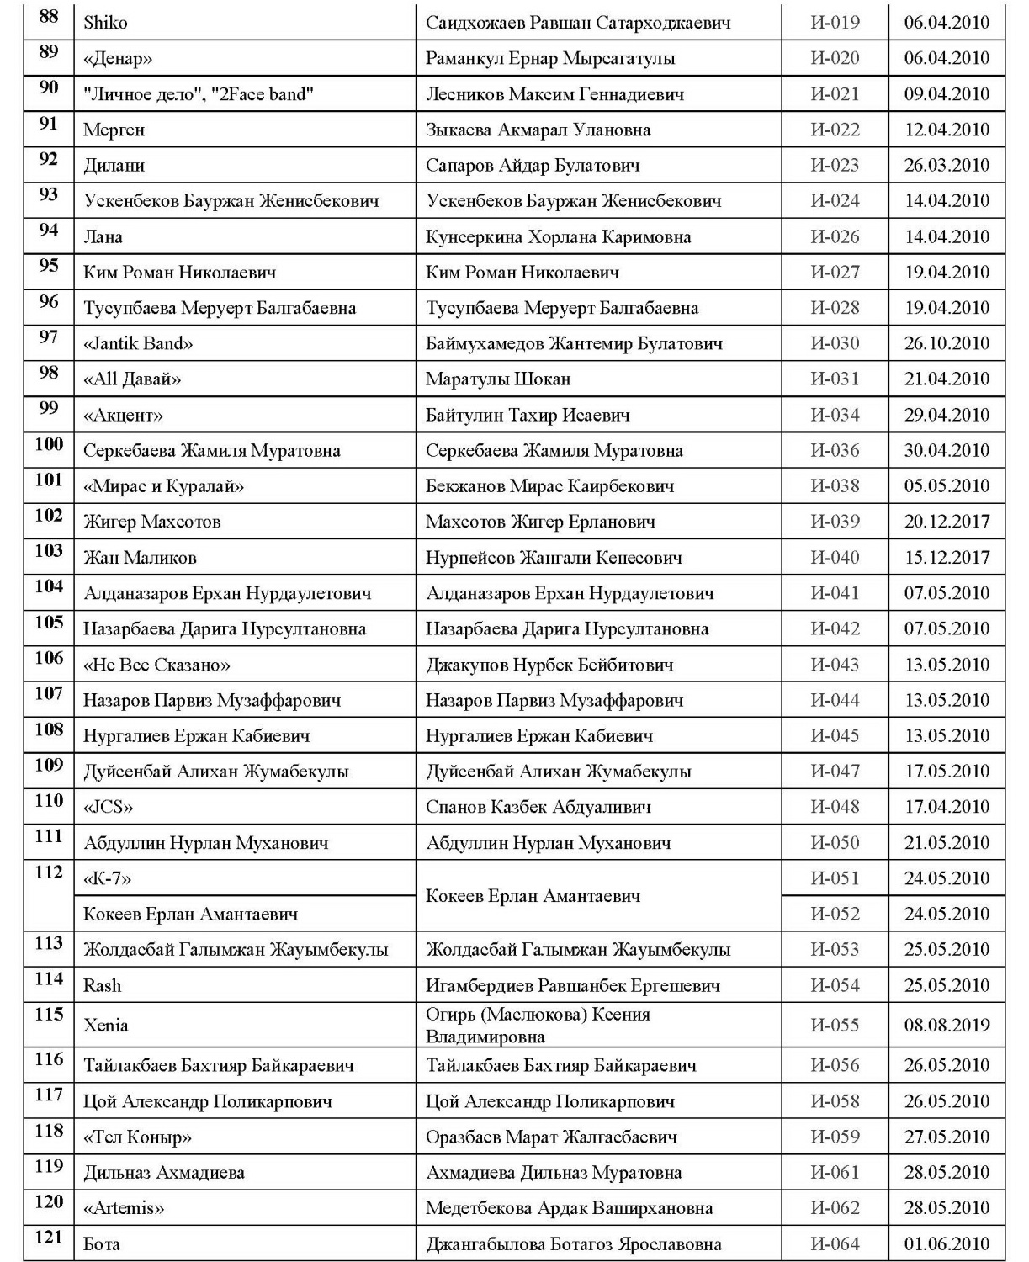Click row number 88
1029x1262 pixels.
[x=49, y=17]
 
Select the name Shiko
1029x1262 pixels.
[x=105, y=23]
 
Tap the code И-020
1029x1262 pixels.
[x=835, y=58]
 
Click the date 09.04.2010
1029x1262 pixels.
[x=947, y=94]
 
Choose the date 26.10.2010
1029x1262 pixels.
[x=947, y=343]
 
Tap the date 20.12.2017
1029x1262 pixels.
[x=947, y=522]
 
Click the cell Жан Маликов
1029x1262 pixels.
[x=140, y=558]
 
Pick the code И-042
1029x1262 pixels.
[x=835, y=628]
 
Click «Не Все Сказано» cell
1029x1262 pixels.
[x=156, y=665]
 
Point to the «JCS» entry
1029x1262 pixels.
[x=108, y=807]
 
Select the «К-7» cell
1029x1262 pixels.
[x=108, y=878]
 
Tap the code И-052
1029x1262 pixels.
[x=835, y=914]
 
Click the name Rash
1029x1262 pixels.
[x=102, y=985]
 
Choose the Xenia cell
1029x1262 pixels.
[x=106, y=1025]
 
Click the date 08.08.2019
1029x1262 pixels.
[x=947, y=1025]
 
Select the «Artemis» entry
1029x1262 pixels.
[x=124, y=1208]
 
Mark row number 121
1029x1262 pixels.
[x=49, y=1238]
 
